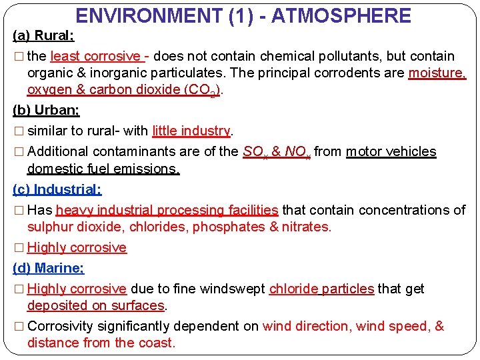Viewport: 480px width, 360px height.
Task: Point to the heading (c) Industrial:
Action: coord(57,189)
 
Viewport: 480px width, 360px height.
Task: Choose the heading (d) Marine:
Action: coord(49,269)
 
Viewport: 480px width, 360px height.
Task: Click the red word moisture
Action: coord(437,73)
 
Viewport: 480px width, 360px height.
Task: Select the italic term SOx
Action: coord(255,152)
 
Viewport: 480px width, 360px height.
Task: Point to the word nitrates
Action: coord(306,227)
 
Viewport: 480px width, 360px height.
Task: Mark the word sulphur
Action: coord(49,227)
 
